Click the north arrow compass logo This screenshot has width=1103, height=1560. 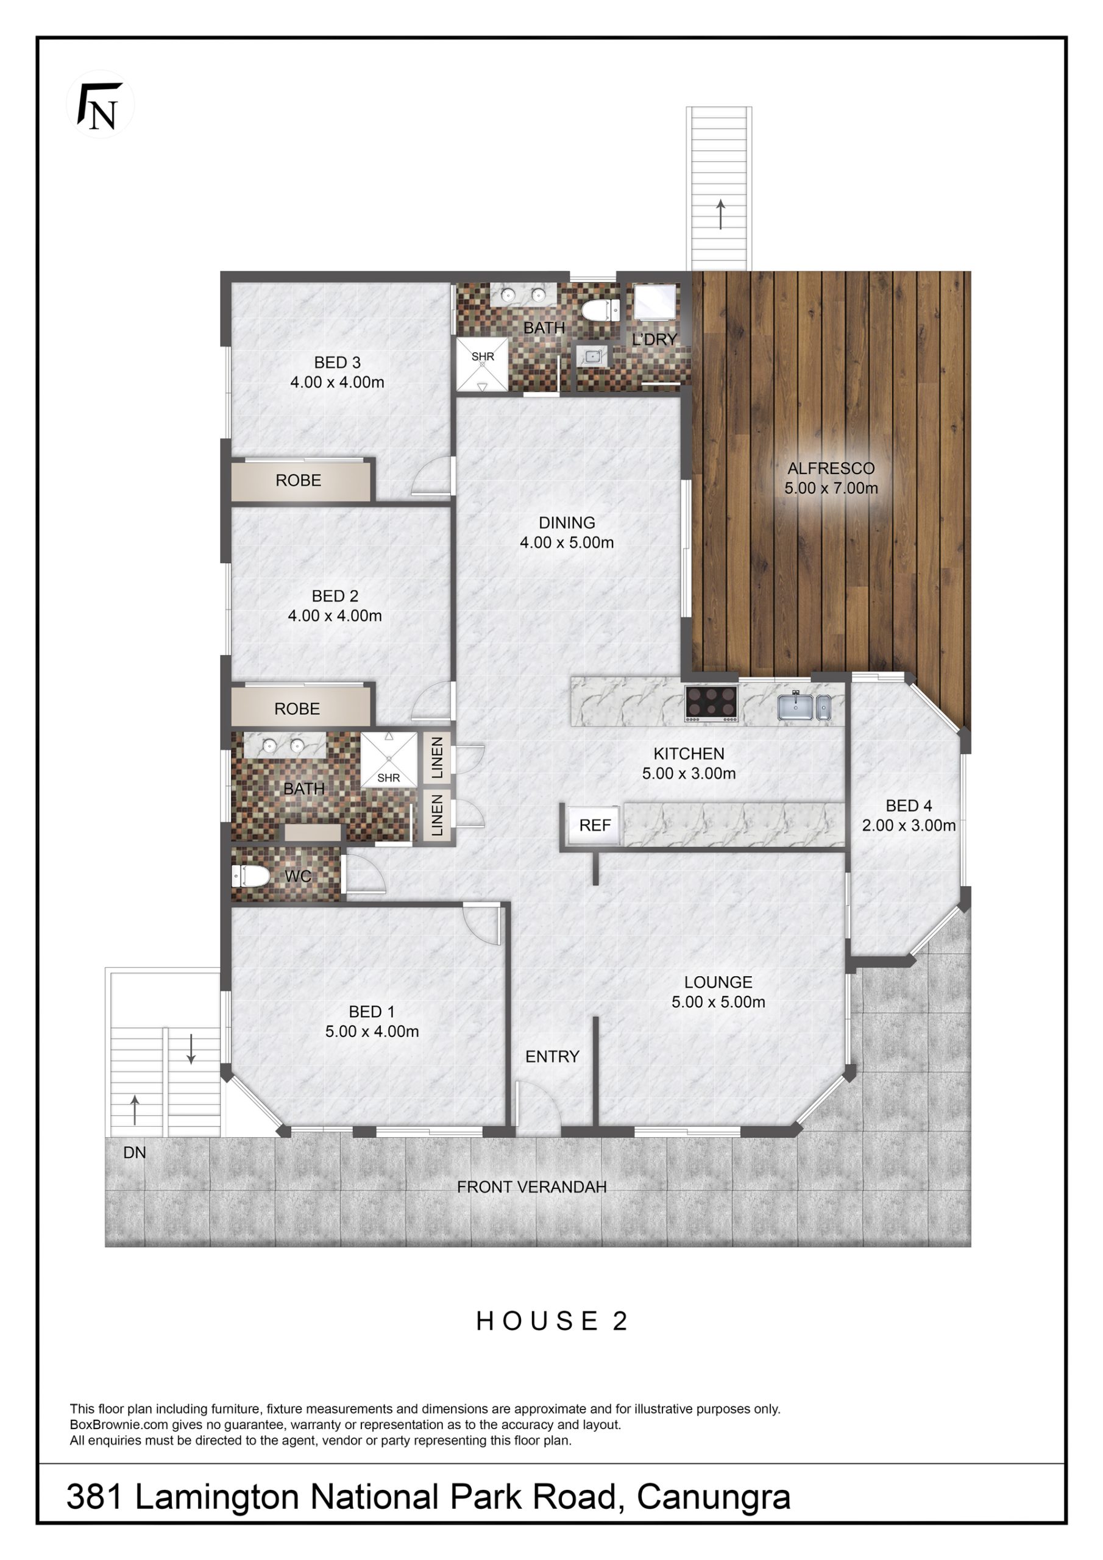tap(100, 105)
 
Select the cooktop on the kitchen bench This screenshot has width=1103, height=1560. tap(711, 704)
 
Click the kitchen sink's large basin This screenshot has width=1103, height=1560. tap(795, 707)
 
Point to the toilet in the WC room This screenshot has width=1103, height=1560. tap(249, 876)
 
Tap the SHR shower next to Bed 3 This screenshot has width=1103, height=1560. tap(482, 364)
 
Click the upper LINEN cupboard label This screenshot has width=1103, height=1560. tap(437, 757)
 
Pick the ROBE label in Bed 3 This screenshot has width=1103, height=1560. tap(299, 480)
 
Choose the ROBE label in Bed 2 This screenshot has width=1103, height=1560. tap(297, 709)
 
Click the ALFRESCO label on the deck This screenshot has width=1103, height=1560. tap(831, 468)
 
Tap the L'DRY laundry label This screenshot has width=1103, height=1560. tap(654, 339)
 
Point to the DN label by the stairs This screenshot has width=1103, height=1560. tap(135, 1152)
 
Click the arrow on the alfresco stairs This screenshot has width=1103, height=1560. tap(720, 214)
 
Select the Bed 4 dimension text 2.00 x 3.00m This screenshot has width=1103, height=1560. tap(909, 826)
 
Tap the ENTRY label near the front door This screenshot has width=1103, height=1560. tap(552, 1057)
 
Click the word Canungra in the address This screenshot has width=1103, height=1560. tap(714, 1497)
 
